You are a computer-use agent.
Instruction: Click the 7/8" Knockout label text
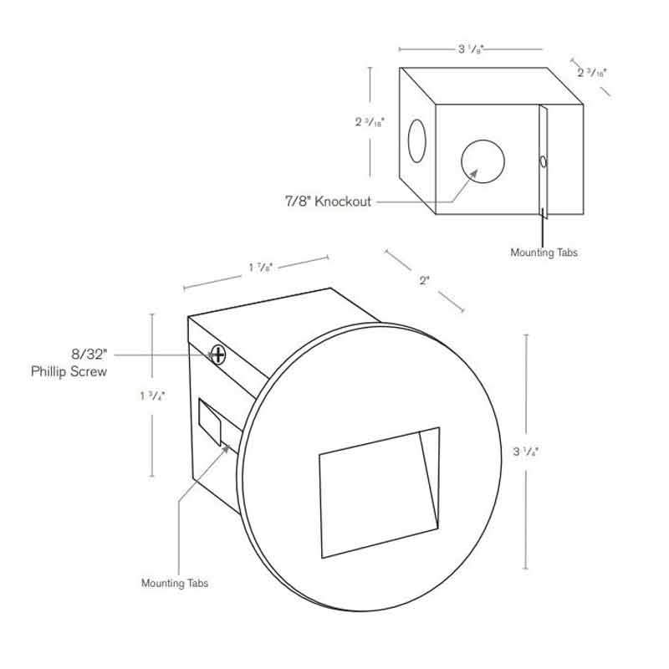click(x=329, y=202)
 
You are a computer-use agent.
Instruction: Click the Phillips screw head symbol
click(x=219, y=355)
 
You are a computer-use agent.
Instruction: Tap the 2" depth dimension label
click(x=424, y=280)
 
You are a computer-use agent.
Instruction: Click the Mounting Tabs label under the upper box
click(x=544, y=251)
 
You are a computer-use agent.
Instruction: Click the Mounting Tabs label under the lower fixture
click(x=175, y=583)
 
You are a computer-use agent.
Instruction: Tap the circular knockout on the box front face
click(x=483, y=162)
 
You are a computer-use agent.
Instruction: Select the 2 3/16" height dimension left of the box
click(x=370, y=121)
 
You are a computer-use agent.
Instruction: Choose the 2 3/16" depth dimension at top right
click(x=592, y=73)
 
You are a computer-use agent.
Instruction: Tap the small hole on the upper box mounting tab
click(x=544, y=161)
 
